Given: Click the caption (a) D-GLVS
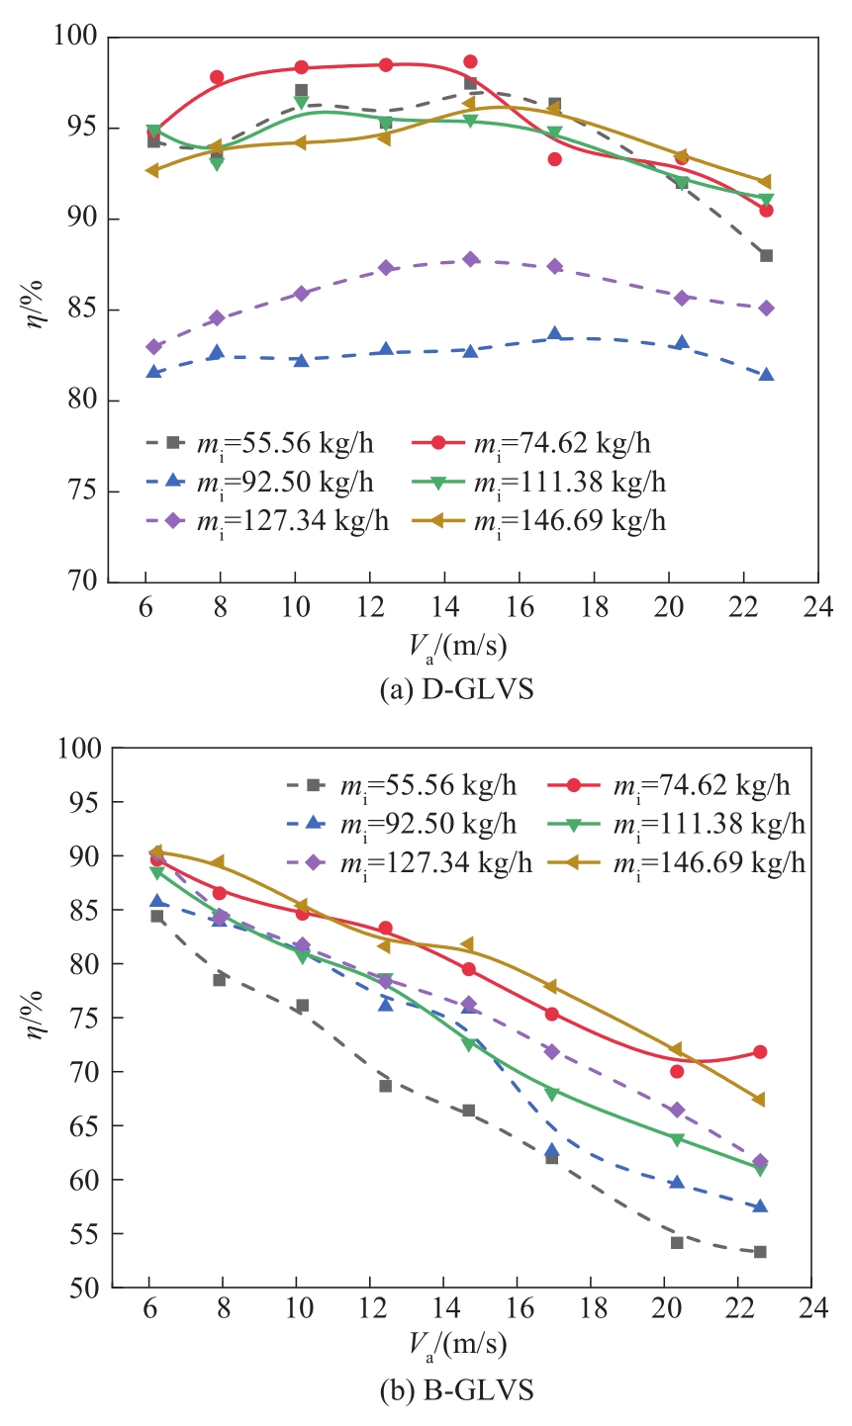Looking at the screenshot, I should (x=456, y=689).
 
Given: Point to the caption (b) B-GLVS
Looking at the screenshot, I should (x=456, y=1390).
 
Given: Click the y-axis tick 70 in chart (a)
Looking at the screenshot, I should (x=85, y=582).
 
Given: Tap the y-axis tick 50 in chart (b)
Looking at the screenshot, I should (x=85, y=1288).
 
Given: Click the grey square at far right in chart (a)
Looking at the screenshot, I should (x=766, y=255).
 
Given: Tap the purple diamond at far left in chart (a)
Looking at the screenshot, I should (x=153, y=347).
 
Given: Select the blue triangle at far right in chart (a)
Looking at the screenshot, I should (x=766, y=375).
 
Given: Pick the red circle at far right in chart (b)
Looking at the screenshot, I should (x=760, y=1051).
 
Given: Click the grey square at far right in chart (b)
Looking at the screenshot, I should (x=760, y=1252).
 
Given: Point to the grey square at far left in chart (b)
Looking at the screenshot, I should (x=156, y=916).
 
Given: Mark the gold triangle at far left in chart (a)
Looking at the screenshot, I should (x=152, y=170).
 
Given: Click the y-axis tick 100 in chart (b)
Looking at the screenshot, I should (x=80, y=748).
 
